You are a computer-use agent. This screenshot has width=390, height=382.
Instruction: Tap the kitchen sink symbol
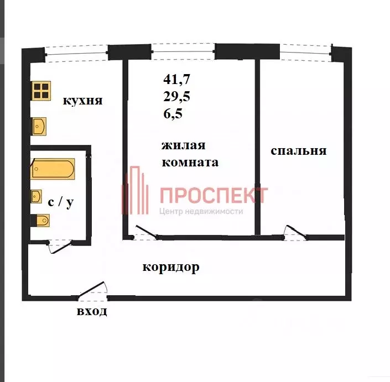(39, 127)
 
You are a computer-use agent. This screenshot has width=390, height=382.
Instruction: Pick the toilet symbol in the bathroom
(40, 221)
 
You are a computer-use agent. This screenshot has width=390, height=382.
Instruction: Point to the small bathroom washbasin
(36, 196)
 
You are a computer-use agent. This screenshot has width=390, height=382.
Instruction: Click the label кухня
(82, 101)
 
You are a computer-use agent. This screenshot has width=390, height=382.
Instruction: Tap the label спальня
(299, 150)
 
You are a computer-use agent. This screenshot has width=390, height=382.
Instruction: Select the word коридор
(171, 268)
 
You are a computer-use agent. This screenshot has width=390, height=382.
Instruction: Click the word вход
(92, 311)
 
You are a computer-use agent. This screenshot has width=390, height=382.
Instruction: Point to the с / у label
(60, 202)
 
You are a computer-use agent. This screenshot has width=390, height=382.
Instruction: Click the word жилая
(183, 145)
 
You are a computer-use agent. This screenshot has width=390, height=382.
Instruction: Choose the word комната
(190, 163)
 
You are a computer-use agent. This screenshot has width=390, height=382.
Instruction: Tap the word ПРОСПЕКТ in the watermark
(214, 195)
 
